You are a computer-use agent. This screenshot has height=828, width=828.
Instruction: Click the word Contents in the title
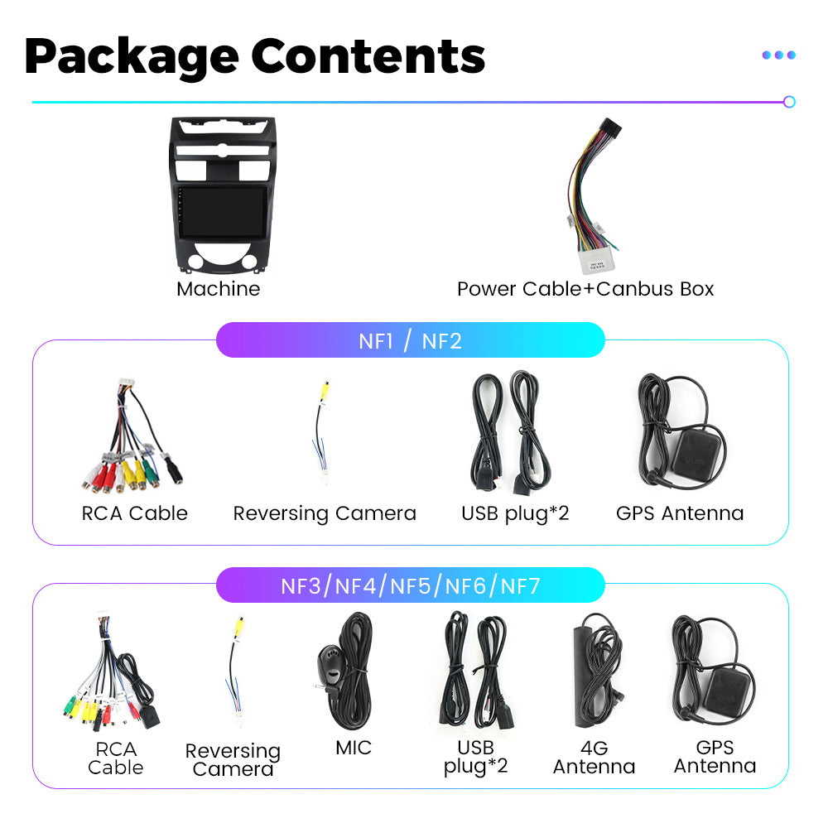368,55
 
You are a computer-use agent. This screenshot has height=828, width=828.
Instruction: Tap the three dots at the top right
778,55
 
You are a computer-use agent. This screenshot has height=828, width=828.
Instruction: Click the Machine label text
218,289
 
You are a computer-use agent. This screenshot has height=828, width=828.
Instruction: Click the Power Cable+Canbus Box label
585,289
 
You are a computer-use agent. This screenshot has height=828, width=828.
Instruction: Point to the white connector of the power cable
595,262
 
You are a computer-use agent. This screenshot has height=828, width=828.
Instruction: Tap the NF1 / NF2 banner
410,340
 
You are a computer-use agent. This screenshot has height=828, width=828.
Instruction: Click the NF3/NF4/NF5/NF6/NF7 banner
410,586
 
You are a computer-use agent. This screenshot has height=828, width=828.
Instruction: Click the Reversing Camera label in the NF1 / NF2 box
324,513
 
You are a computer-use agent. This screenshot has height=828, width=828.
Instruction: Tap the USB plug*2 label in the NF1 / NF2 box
515,513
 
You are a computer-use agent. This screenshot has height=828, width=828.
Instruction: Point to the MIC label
354,748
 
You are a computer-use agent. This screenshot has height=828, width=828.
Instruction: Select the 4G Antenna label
594,758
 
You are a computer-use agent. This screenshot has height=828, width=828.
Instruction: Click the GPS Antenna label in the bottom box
715,757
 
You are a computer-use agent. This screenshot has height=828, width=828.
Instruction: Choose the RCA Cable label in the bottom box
115,758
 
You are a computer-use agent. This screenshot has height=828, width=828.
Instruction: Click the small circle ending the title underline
789,102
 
